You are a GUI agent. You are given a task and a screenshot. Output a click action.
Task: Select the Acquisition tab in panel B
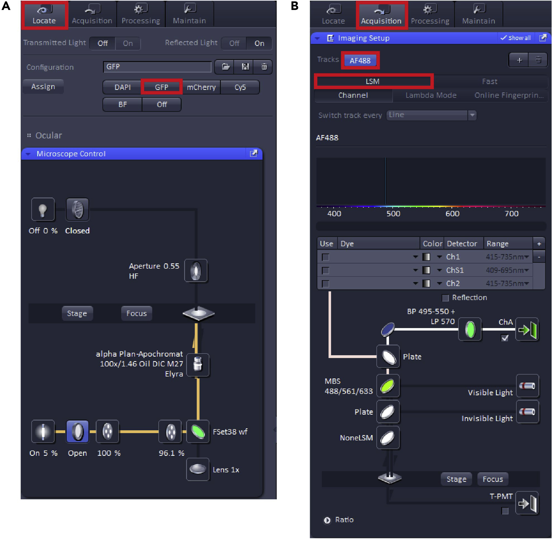point(381,15)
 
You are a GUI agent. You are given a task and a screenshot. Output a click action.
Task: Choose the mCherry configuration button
point(201,87)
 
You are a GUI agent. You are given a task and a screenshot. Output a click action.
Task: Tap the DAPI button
point(122,87)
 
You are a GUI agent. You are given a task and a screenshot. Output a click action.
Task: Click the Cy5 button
point(240,87)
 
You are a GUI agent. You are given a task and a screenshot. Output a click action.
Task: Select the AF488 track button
point(360,60)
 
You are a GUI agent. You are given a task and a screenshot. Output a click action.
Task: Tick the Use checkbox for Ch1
point(326,257)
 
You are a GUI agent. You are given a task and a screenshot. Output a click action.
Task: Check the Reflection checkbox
point(445,298)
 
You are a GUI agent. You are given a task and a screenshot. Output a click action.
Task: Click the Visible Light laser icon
point(527,386)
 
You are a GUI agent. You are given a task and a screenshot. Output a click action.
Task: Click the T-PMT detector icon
point(527,503)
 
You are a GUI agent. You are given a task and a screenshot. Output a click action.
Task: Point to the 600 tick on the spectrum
point(452,207)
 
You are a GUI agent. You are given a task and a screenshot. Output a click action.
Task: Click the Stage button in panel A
point(77,313)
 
